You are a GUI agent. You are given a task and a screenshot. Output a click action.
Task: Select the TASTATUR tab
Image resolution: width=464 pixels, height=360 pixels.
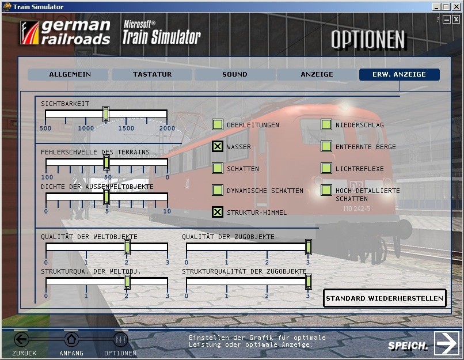click(x=152, y=74)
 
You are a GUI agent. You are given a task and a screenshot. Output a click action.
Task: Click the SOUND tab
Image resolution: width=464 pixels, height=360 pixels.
click(x=235, y=74)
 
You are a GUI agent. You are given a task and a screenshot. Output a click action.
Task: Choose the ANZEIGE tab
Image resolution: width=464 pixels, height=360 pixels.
click(x=317, y=74)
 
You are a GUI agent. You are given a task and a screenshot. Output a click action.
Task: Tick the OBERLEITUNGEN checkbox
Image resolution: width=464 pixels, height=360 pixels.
click(x=218, y=124)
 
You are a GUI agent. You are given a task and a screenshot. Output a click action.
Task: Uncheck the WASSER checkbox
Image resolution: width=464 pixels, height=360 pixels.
click(x=218, y=146)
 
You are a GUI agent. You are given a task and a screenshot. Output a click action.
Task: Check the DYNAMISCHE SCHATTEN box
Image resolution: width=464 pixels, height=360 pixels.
click(x=218, y=190)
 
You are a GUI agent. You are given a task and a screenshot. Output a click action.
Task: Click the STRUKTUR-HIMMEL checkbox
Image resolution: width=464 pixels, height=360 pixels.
click(x=218, y=212)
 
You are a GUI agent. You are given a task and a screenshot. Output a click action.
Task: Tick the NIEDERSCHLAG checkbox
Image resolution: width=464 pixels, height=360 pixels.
click(x=326, y=124)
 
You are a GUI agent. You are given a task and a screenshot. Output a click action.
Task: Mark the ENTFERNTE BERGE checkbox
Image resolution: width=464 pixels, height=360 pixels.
click(x=326, y=146)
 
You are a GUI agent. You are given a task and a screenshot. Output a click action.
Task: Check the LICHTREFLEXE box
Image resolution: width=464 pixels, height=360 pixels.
click(x=326, y=168)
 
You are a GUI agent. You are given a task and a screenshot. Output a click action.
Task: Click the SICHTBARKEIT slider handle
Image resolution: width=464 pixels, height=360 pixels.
click(x=106, y=114)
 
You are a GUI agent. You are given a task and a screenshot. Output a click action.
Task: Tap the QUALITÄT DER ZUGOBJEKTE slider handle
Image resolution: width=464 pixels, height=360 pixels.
click(x=309, y=247)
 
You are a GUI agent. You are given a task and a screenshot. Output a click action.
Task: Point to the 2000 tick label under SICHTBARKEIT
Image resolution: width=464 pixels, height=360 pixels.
click(x=167, y=128)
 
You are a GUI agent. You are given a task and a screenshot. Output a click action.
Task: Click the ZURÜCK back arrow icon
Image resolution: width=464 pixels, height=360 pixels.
click(x=21, y=339)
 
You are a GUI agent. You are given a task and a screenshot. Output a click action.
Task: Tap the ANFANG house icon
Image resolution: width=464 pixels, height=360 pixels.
click(x=71, y=339)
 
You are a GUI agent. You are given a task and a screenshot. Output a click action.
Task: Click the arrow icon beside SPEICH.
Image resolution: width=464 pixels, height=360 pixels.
click(x=447, y=343)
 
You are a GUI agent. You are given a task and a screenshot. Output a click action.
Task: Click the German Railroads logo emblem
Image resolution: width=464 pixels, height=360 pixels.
click(x=29, y=33)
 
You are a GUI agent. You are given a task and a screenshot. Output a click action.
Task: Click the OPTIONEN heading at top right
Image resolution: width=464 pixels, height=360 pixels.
click(x=368, y=39)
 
